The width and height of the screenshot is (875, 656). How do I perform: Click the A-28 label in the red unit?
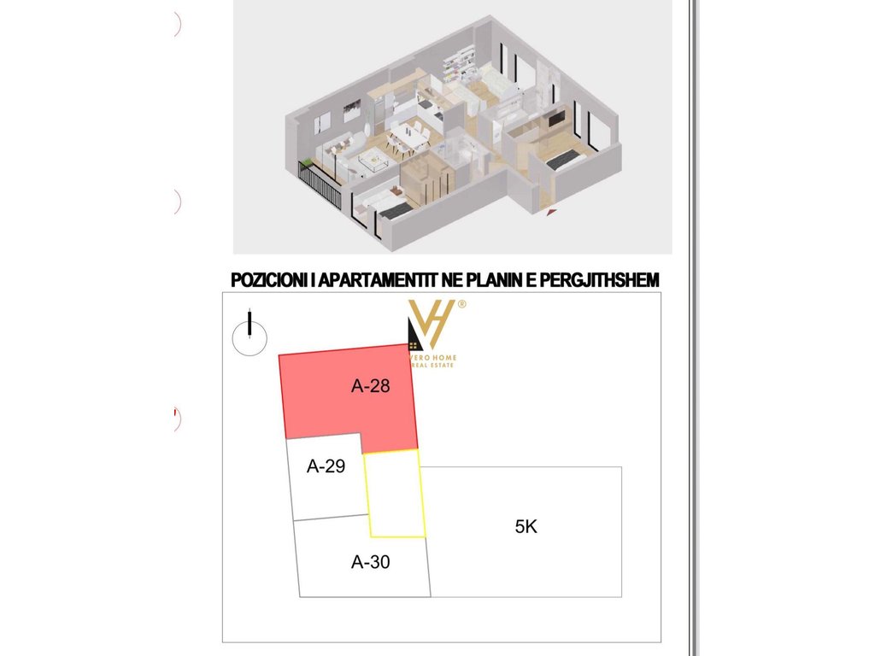pyautogui.click(x=371, y=386)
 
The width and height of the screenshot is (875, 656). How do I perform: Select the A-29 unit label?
pyautogui.click(x=326, y=466)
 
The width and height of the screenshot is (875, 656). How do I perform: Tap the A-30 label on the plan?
pyautogui.click(x=371, y=562)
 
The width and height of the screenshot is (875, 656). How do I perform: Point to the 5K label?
pyautogui.click(x=526, y=526)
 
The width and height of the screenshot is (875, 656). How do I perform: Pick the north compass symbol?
pyautogui.click(x=250, y=334)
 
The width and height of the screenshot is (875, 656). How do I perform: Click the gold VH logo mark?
pyautogui.click(x=432, y=325)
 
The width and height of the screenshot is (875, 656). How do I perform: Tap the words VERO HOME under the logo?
pyautogui.click(x=433, y=358)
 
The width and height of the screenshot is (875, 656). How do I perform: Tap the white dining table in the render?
pyautogui.click(x=410, y=136)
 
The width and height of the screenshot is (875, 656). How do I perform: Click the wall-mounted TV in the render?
pyautogui.click(x=557, y=118)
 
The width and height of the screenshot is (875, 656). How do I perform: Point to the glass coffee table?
pyautogui.click(x=373, y=161)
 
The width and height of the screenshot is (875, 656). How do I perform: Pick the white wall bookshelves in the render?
pyautogui.click(x=459, y=63)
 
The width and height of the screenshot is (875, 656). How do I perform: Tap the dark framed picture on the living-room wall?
pyautogui.click(x=351, y=110)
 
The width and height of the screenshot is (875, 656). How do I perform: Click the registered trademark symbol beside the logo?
pyautogui.click(x=461, y=305)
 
